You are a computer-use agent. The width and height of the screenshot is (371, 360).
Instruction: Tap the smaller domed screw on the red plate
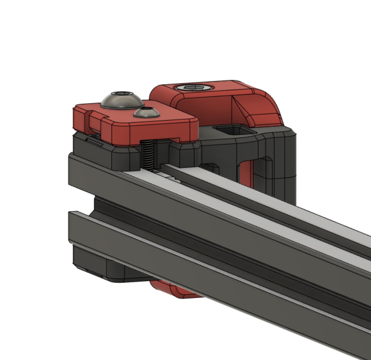click(147, 113)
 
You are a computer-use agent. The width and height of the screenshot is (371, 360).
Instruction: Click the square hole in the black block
click(235, 130)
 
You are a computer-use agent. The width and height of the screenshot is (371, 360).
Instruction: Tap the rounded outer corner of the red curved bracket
click(273, 105)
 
